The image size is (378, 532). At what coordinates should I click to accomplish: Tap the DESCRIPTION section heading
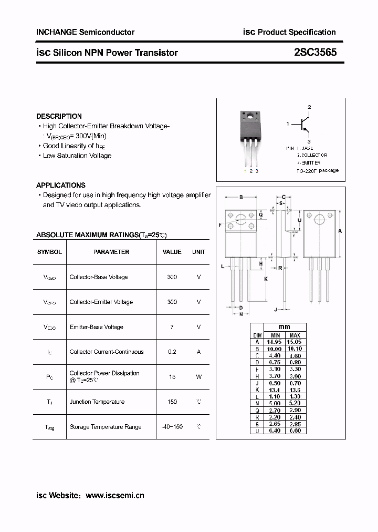[x=59, y=116]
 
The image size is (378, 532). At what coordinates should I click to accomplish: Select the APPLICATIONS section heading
[x=60, y=185]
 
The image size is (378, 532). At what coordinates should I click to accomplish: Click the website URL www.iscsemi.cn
[x=114, y=495]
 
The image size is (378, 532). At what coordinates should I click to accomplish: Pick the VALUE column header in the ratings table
[x=172, y=252]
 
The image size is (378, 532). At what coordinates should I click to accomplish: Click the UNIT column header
[x=198, y=252]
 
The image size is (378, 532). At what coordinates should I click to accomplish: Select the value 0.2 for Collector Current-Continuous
[x=172, y=352]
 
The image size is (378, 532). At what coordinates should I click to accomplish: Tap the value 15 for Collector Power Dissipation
[x=172, y=376]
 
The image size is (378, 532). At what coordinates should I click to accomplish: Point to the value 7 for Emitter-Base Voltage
[x=172, y=327]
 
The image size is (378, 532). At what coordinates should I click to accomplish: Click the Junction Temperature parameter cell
[x=97, y=402]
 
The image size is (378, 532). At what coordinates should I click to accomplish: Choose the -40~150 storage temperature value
[x=172, y=427]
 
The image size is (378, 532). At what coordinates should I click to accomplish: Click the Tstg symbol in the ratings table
[x=49, y=427]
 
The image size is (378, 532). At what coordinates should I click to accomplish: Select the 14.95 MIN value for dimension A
[x=275, y=342]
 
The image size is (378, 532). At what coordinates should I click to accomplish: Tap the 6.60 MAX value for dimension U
[x=295, y=431]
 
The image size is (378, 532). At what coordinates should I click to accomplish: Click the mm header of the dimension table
[x=284, y=327]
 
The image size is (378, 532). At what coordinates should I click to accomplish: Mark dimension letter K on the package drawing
[x=266, y=279]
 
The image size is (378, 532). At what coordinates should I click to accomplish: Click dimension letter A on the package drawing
[x=340, y=231]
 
